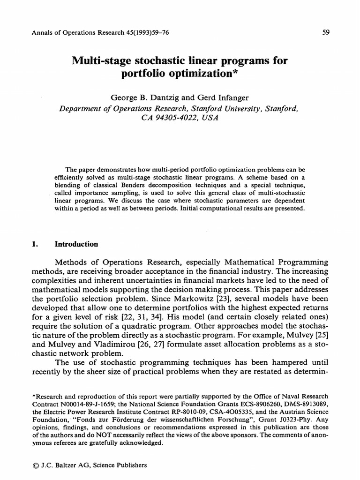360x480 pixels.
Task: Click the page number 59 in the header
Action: point(327,33)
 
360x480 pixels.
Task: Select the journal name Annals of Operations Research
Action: point(75,33)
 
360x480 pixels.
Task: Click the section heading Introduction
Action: point(76,244)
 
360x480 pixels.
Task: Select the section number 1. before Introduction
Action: point(33,244)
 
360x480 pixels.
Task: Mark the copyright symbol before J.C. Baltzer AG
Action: point(34,465)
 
